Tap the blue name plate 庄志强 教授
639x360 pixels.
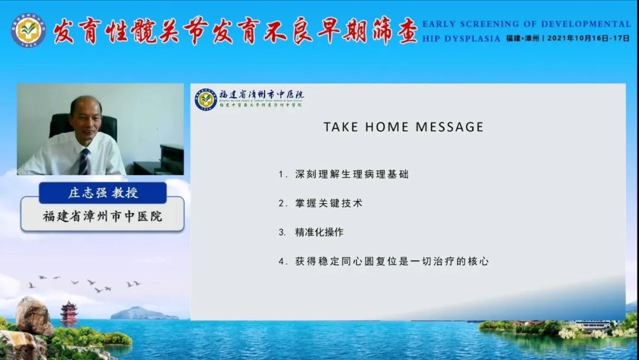click(x=102, y=193)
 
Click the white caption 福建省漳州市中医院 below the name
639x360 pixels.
click(x=102, y=216)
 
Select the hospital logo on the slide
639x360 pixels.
click(x=206, y=100)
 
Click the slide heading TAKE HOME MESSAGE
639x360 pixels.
click(x=403, y=127)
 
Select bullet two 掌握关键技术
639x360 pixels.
click(x=328, y=203)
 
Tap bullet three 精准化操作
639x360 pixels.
click(x=319, y=232)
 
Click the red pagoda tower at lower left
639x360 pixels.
click(x=69, y=313)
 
